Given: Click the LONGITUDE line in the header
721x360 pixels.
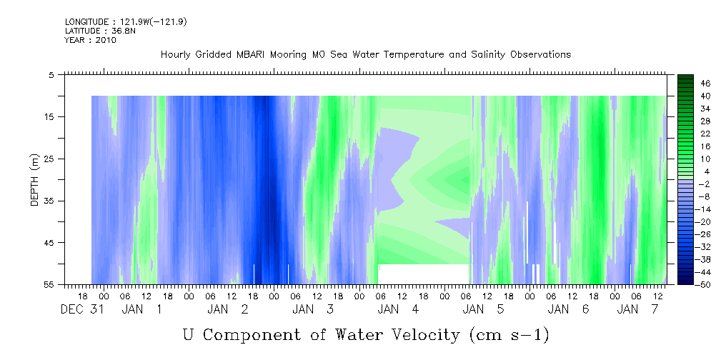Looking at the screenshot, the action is pos(126,21).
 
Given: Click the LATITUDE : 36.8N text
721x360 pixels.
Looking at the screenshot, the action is pos(97,31).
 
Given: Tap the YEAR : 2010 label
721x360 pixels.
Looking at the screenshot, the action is pos(91,40).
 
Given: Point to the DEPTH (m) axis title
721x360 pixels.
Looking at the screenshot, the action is pos(35,180).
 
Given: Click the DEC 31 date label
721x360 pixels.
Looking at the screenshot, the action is pos(82,309).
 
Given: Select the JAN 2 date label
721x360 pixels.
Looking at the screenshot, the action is pos(228,309).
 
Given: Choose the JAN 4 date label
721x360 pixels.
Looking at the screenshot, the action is pos(398,309).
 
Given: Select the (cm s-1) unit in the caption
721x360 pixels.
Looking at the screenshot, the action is pos(509,335).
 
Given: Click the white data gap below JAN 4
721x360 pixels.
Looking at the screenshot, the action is pos(423,274).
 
